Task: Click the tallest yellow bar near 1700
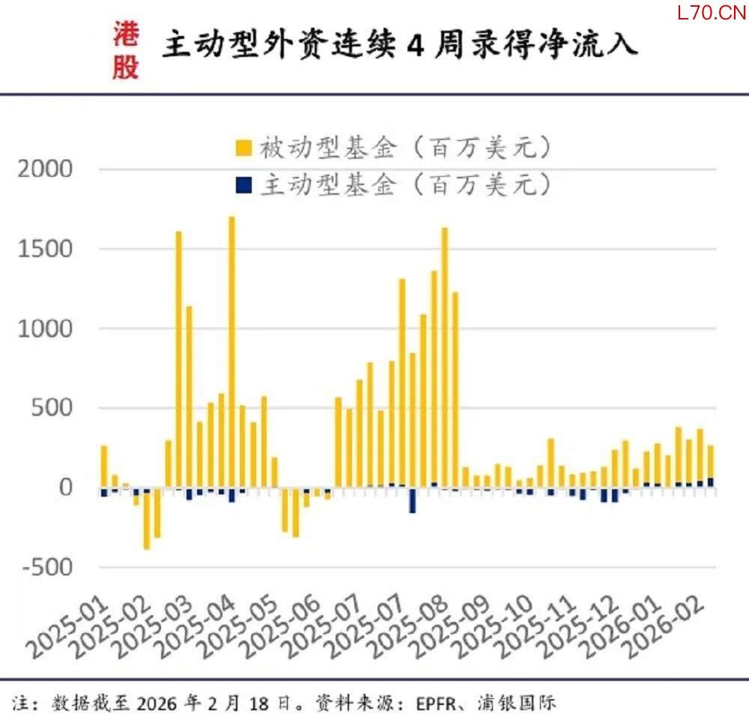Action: click(x=231, y=352)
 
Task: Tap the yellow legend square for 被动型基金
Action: click(x=243, y=147)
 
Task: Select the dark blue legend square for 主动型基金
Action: click(x=243, y=184)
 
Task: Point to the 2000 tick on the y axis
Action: click(x=47, y=169)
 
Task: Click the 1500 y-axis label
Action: click(x=47, y=249)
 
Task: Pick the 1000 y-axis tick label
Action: click(x=47, y=329)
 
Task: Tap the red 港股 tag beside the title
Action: click(x=126, y=49)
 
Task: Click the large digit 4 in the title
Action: click(x=416, y=46)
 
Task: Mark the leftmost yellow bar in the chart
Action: click(x=104, y=466)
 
